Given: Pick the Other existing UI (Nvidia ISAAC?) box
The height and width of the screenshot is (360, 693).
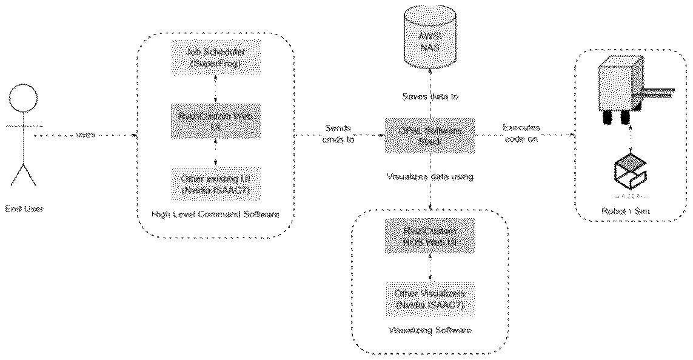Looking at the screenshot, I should click(x=216, y=184).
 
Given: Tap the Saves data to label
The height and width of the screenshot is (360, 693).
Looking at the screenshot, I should click(x=430, y=97).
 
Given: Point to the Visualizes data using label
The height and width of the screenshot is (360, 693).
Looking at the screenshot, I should click(x=430, y=176).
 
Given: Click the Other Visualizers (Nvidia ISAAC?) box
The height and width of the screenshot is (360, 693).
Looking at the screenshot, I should click(x=430, y=299).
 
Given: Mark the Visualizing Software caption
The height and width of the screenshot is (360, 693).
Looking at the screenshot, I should click(x=430, y=331).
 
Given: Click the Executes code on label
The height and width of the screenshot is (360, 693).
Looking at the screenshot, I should click(x=522, y=134).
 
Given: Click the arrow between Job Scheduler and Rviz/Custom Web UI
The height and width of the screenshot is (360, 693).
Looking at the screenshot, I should click(x=216, y=88).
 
